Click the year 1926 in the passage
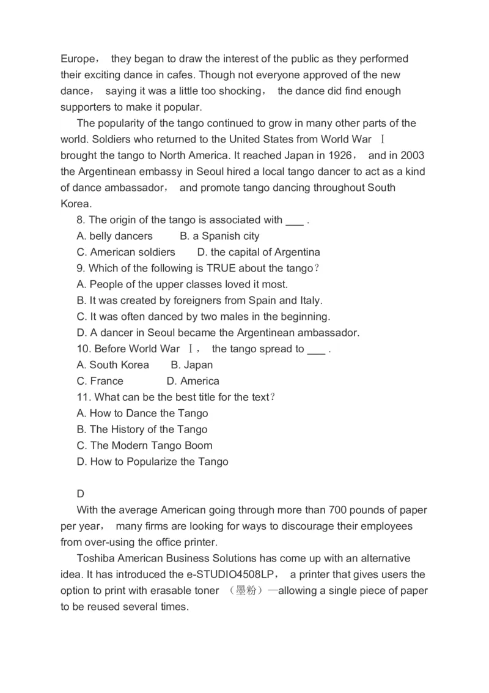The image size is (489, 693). coord(340,155)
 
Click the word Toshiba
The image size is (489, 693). coord(95,558)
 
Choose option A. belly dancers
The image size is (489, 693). coord(115,236)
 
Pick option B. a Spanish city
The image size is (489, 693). coord(219,236)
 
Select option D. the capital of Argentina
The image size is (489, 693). coord(259,252)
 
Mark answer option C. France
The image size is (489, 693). coord(100,381)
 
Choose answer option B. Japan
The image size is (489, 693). coord(192,365)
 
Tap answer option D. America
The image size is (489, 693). coord(193,381)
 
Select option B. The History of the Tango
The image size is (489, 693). coord(142,429)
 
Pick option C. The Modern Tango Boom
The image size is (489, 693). coord(144,445)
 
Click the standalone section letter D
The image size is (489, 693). coord(81,494)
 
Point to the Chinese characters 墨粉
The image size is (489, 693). coord(246,591)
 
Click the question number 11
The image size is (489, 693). coord(84,397)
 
